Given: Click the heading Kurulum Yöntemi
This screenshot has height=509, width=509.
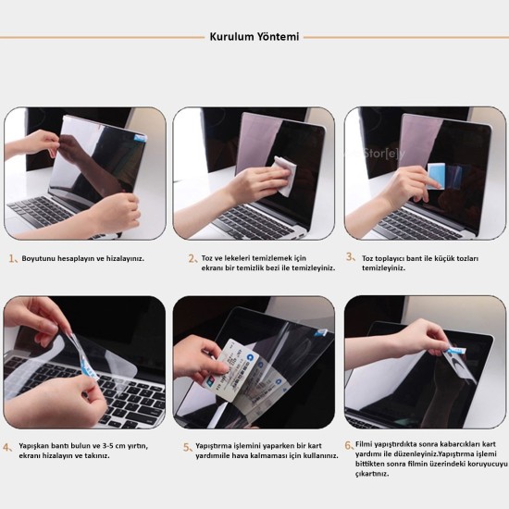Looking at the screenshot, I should [254, 37].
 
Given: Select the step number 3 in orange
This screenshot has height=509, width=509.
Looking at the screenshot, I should [350, 256].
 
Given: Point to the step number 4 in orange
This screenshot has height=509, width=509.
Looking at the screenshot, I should [8, 447].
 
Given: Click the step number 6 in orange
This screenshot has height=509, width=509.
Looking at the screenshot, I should [349, 445].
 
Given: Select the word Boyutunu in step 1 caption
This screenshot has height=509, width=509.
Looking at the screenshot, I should [40, 260].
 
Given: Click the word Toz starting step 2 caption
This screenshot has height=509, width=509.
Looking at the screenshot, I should [209, 258].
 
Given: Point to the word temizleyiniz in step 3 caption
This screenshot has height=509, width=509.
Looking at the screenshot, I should [384, 267].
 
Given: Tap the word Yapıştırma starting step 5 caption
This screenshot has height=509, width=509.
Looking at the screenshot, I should [216, 445].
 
